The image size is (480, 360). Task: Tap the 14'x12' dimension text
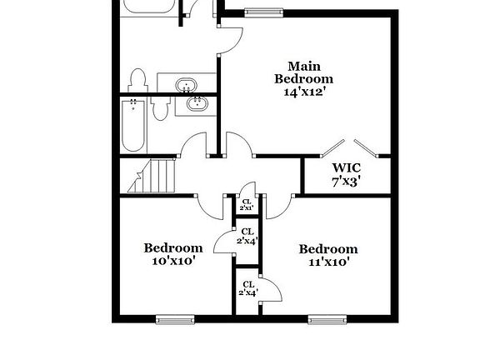point(304,92)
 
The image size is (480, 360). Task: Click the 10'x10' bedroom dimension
point(173,261)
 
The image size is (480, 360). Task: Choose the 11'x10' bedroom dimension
point(327,262)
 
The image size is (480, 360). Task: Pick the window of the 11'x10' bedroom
point(327,318)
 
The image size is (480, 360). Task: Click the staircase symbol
point(157,176)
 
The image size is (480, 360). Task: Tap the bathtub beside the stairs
point(133,126)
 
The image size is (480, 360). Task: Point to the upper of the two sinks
point(186,85)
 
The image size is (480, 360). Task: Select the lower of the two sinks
point(198,104)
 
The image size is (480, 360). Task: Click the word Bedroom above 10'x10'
point(173,247)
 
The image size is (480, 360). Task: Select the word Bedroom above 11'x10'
point(328,248)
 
